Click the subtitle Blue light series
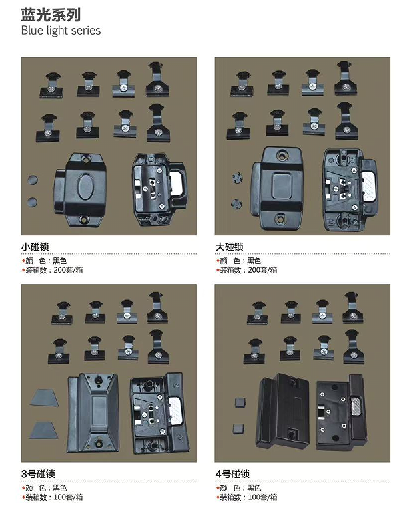coord(61,31)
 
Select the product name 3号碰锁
coord(38,475)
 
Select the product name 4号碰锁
coord(232,475)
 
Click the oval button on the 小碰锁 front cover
coord(87,186)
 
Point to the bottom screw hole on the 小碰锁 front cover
coord(85,219)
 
